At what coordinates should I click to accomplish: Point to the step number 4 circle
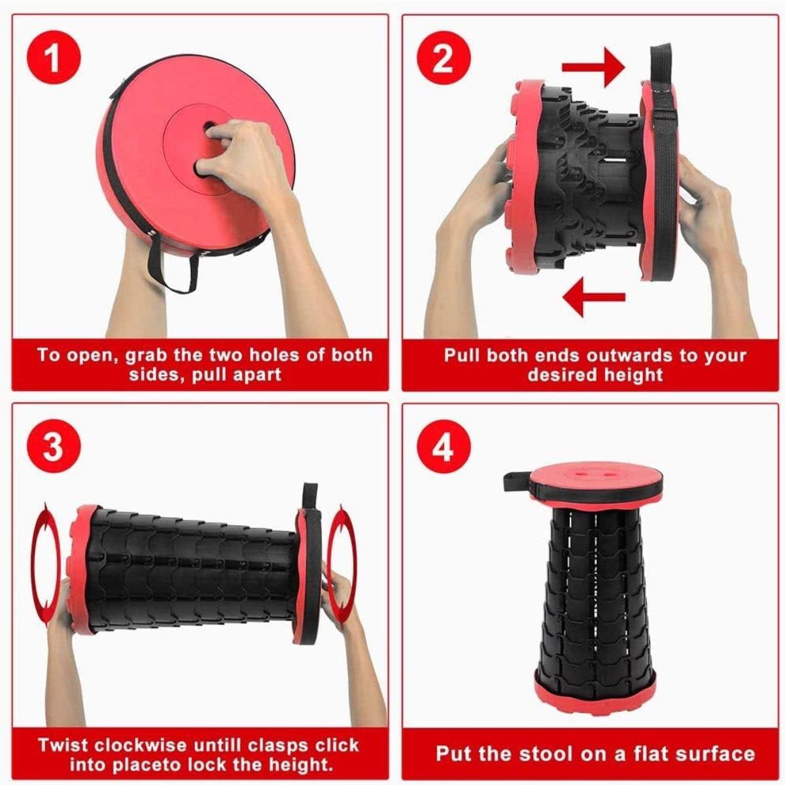pos(443,447)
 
